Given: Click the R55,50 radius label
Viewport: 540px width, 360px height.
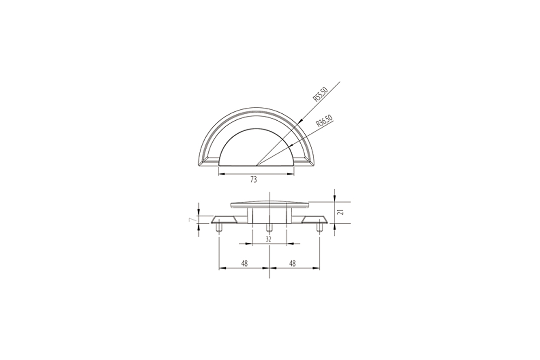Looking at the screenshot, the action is tap(321, 94).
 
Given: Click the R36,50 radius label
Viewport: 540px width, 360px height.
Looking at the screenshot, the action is tap(325, 121).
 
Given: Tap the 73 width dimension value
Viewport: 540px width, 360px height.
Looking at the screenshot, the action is tap(254, 180).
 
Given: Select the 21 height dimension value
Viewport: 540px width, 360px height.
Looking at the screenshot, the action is tap(341, 212).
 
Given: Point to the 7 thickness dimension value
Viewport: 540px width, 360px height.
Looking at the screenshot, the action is tap(191, 219).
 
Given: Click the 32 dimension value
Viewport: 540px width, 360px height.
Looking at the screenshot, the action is tap(269, 239).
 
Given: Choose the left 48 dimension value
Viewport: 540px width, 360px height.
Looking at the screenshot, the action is tap(244, 264).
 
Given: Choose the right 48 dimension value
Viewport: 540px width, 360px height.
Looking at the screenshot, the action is tap(292, 264).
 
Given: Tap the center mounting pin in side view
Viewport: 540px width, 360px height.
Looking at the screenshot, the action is tap(269, 228).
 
